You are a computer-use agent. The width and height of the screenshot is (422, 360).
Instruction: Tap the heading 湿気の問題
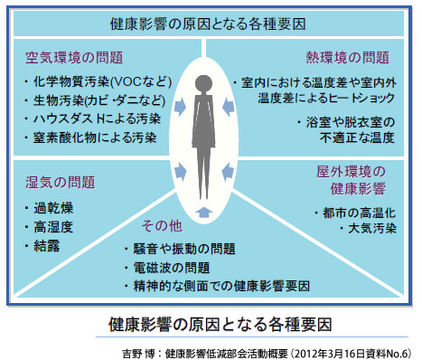click(x=57, y=182)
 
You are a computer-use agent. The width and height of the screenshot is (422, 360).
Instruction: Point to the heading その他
click(x=164, y=224)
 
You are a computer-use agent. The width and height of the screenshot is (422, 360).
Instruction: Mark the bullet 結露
click(x=48, y=244)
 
